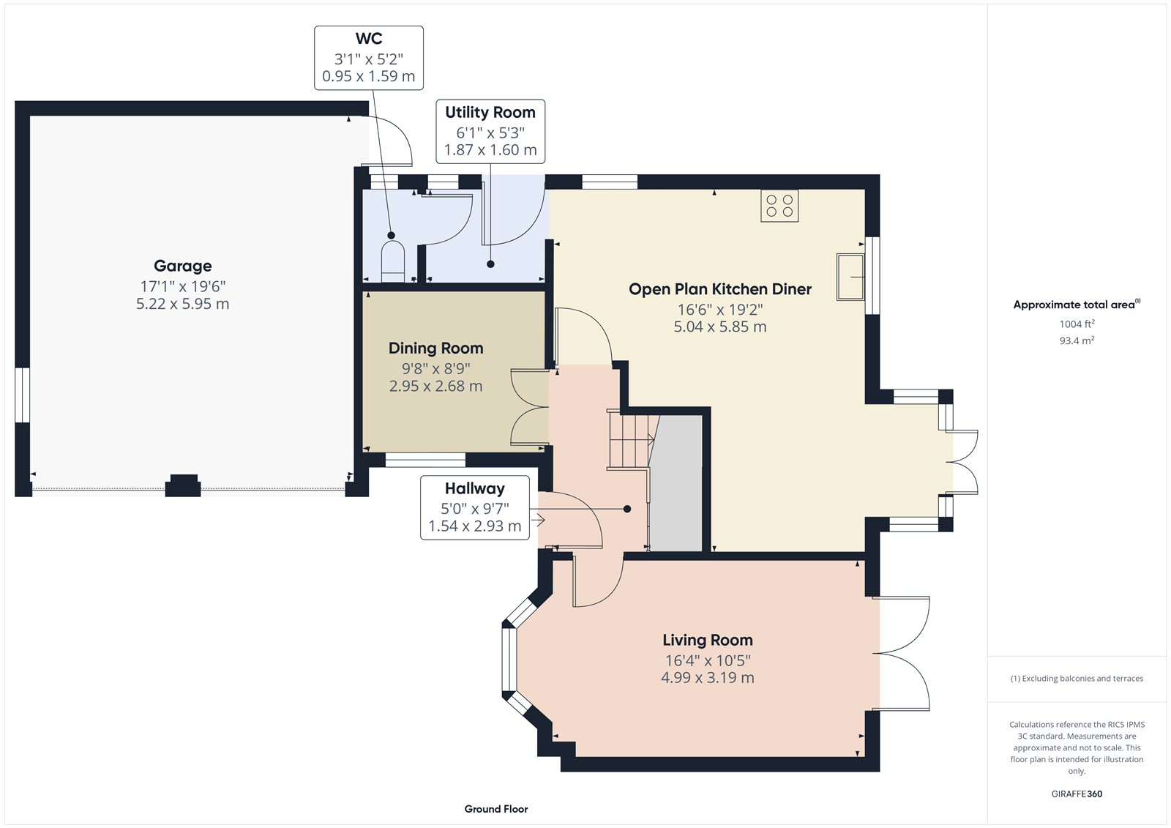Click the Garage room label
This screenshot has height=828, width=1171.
coord(182,266)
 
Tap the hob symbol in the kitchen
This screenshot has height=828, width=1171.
coord(779,206)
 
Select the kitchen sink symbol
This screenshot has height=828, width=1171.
coord(850,277)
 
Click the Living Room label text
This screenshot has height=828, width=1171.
coord(707,641)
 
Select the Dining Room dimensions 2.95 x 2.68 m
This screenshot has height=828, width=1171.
coord(435,387)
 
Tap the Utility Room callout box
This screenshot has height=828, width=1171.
coord(490,131)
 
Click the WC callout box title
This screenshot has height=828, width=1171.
coord(369,39)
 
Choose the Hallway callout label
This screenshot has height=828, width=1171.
coord(474,489)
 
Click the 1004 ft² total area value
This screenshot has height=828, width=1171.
coord(1077,324)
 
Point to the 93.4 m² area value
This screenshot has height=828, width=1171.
coord(1077,340)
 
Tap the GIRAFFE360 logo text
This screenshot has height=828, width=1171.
coord(1077,794)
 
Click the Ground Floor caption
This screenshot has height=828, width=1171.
coord(495,809)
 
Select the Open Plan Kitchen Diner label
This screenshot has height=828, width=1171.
coord(719,289)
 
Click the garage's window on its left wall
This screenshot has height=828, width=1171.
coord(23,395)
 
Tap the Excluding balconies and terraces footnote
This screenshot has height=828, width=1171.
coord(1077,679)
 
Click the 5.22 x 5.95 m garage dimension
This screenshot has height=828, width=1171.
coord(182,304)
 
